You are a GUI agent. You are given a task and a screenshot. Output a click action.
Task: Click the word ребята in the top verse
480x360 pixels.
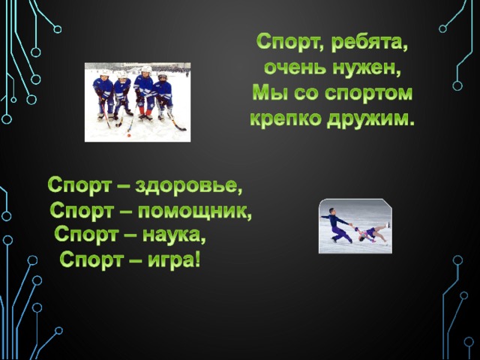[x=370, y=43]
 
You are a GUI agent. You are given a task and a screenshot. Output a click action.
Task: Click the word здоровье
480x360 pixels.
[x=188, y=186]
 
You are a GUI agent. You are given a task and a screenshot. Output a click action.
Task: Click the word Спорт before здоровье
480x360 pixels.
[x=78, y=186]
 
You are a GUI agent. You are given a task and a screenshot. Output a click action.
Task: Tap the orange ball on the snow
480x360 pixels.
[x=129, y=135]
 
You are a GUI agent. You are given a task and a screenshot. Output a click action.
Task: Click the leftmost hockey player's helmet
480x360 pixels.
[x=105, y=73]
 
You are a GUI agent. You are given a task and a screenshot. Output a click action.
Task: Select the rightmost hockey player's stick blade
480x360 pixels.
[x=181, y=128]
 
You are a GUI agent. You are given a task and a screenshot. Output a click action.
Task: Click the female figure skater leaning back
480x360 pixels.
[x=373, y=232]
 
